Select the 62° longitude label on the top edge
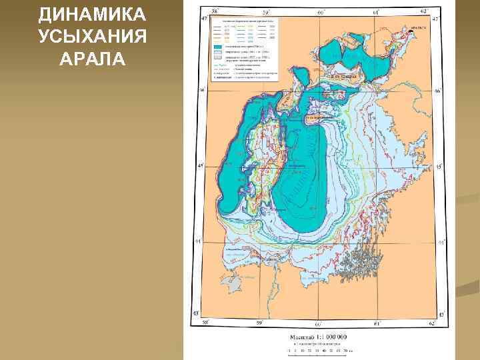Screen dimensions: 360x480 point(424,11)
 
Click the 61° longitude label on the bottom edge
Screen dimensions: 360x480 point(375,323)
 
